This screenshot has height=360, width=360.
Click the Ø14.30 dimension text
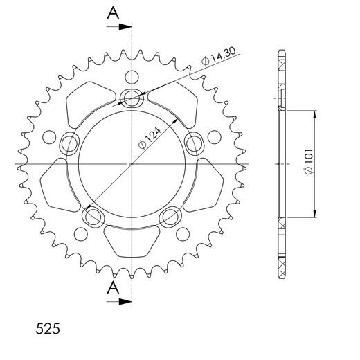[216, 60]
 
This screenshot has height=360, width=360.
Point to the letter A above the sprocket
[112, 13]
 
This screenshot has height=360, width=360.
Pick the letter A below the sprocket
[112, 287]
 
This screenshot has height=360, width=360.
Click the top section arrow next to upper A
[125, 28]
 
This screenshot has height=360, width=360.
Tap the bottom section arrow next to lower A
[125, 301]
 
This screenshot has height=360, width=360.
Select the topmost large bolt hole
[131, 98]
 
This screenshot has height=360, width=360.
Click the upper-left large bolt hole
[69, 143]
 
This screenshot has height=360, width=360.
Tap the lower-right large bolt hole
[170, 217]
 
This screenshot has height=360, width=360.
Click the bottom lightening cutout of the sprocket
[131, 244]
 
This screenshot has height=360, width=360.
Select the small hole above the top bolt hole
[131, 75]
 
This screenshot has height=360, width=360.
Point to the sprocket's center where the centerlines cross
[131, 165]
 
